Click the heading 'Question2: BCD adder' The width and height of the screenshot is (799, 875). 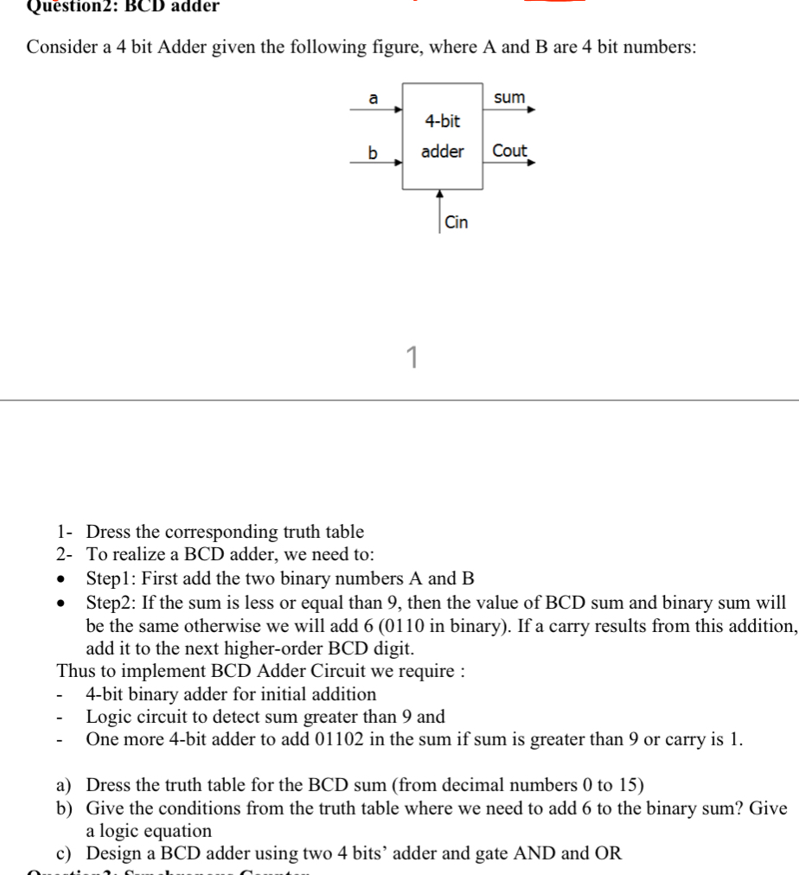[122, 7]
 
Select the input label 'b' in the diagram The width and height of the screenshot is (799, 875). [374, 153]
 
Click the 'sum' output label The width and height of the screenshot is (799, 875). [509, 98]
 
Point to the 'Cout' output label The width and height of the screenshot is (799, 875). [509, 150]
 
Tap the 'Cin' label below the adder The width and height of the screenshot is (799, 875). [457, 222]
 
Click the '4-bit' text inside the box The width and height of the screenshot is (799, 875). [442, 121]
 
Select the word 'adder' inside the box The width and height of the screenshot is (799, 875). [442, 151]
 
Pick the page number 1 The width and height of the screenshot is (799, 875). [412, 355]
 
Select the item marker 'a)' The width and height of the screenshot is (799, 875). [65, 785]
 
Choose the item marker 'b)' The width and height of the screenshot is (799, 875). [65, 808]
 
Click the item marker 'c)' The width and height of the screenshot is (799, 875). [65, 853]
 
